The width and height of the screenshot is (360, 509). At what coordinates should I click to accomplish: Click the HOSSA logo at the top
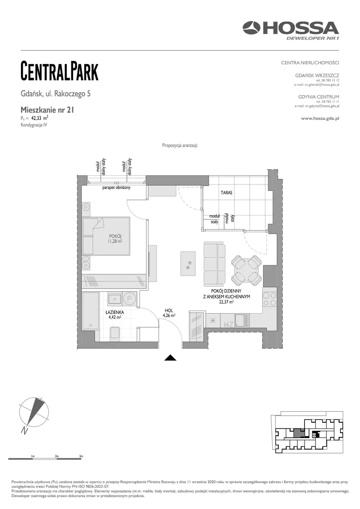[290, 30]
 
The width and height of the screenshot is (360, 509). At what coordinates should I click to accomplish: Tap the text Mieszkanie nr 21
[47, 110]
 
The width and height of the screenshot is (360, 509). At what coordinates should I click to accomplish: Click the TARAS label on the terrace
[226, 193]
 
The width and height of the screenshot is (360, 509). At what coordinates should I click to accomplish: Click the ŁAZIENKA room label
[115, 313]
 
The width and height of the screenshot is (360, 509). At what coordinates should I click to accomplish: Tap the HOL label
[169, 311]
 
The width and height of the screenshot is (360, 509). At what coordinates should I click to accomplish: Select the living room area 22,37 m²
[226, 302]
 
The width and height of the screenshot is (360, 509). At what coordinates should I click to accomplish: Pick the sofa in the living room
[214, 264]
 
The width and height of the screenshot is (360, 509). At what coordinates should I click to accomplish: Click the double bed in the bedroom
[106, 236]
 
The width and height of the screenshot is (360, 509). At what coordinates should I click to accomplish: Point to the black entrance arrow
[170, 358]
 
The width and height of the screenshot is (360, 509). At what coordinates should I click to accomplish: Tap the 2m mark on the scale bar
[57, 456]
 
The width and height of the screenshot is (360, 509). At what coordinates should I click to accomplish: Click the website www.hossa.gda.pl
[320, 119]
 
